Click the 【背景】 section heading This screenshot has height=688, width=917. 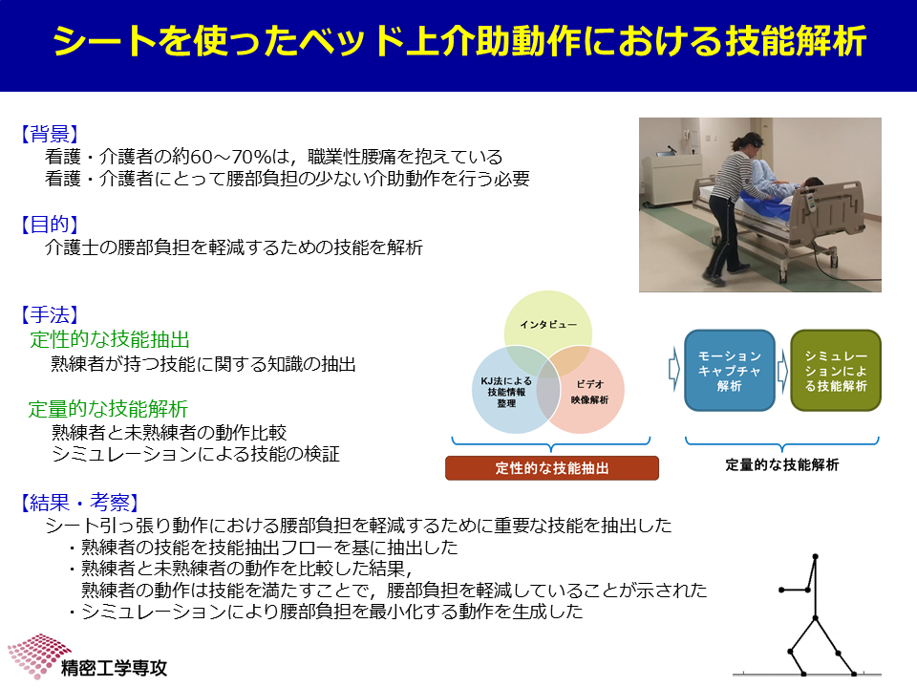[x=50, y=134]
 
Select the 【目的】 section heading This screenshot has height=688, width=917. [x=50, y=224]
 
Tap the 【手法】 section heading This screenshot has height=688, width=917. [x=50, y=314]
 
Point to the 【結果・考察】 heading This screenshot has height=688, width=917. [x=80, y=502]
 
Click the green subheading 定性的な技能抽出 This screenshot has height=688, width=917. [x=110, y=339]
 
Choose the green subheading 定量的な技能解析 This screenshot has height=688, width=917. [x=108, y=408]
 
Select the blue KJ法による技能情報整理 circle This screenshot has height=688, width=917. [x=506, y=390]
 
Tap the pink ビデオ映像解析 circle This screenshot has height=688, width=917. [x=589, y=390]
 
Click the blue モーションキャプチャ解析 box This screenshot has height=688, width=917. [x=729, y=371]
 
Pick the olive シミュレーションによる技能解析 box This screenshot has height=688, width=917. [x=836, y=371]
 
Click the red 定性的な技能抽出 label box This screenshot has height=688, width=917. [x=552, y=468]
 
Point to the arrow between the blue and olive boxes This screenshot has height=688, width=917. [x=782, y=371]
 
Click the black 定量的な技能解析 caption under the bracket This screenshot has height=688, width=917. [x=782, y=464]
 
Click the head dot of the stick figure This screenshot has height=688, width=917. [x=815, y=556]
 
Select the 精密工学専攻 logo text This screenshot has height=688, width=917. [x=114, y=668]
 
